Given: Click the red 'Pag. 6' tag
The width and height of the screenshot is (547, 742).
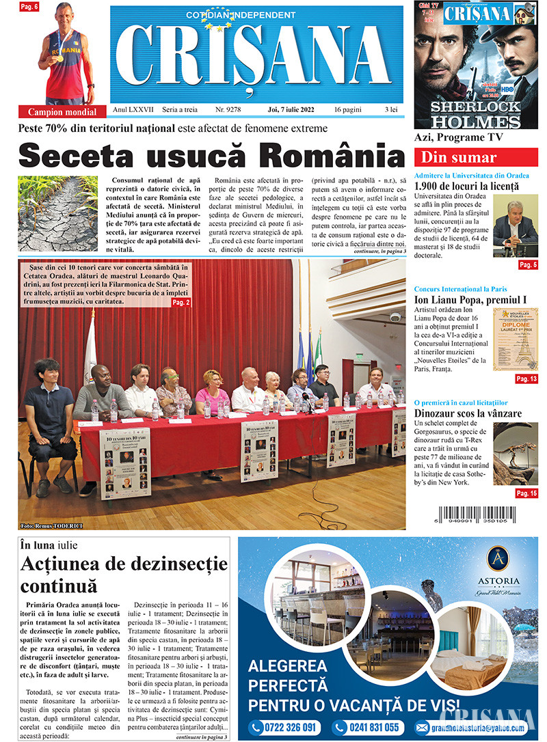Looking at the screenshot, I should pyautogui.click(x=29, y=7).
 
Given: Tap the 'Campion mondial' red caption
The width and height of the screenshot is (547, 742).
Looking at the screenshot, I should pyautogui.click(x=62, y=111).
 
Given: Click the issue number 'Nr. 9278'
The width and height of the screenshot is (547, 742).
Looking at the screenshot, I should pyautogui.click(x=228, y=109).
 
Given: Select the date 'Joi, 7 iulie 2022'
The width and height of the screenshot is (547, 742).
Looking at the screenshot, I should pyautogui.click(x=295, y=109).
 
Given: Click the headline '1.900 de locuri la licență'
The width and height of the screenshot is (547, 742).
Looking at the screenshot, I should pyautogui.click(x=466, y=186).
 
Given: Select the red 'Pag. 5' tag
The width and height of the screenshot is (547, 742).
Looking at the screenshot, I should pyautogui.click(x=528, y=264).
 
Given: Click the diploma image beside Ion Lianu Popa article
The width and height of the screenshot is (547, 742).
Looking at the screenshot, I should pyautogui.click(x=516, y=339).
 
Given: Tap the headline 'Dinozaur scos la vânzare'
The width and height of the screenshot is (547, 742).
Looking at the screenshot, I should pyautogui.click(x=468, y=413).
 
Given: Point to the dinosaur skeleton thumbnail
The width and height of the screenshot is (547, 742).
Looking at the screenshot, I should pyautogui.click(x=516, y=454).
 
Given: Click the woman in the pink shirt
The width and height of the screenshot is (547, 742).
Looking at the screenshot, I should pyautogui.click(x=212, y=392).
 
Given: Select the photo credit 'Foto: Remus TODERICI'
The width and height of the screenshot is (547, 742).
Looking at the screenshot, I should pyautogui.click(x=51, y=525).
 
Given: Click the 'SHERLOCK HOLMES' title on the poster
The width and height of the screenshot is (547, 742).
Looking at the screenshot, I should pyautogui.click(x=476, y=114).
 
